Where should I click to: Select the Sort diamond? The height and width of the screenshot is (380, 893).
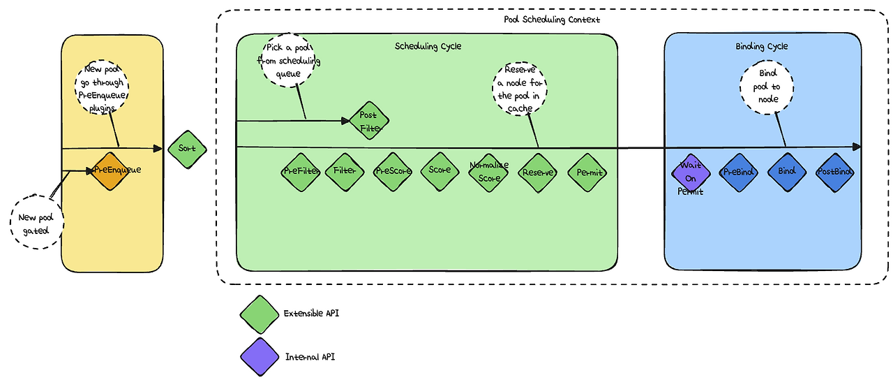click(188, 149)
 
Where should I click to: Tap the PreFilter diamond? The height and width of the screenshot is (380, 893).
click(301, 172)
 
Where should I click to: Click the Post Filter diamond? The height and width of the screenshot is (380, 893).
click(368, 120)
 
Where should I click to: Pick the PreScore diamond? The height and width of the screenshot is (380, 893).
click(393, 172)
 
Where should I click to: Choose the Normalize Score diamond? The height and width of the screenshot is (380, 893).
click(488, 172)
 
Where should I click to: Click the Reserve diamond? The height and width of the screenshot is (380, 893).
click(538, 173)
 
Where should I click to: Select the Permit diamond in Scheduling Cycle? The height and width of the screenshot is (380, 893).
click(587, 173)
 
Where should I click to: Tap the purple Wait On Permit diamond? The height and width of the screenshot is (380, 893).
click(691, 173)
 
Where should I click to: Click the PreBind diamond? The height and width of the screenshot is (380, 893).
click(739, 173)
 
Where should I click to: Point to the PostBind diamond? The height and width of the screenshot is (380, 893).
click(835, 173)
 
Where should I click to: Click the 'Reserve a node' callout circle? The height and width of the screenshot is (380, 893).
click(521, 87)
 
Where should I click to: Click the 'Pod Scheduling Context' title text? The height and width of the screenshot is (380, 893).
click(551, 20)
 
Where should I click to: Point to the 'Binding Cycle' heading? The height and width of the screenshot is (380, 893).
click(761, 46)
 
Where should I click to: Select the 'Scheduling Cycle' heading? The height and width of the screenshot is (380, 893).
click(428, 46)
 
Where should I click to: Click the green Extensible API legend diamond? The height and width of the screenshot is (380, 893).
click(260, 314)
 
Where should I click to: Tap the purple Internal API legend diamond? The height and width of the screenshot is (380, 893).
click(260, 356)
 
